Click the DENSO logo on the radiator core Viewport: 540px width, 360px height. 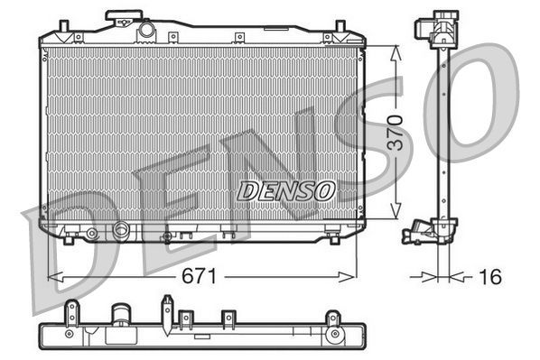point(286,191)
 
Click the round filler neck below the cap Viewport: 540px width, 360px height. point(146,32)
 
